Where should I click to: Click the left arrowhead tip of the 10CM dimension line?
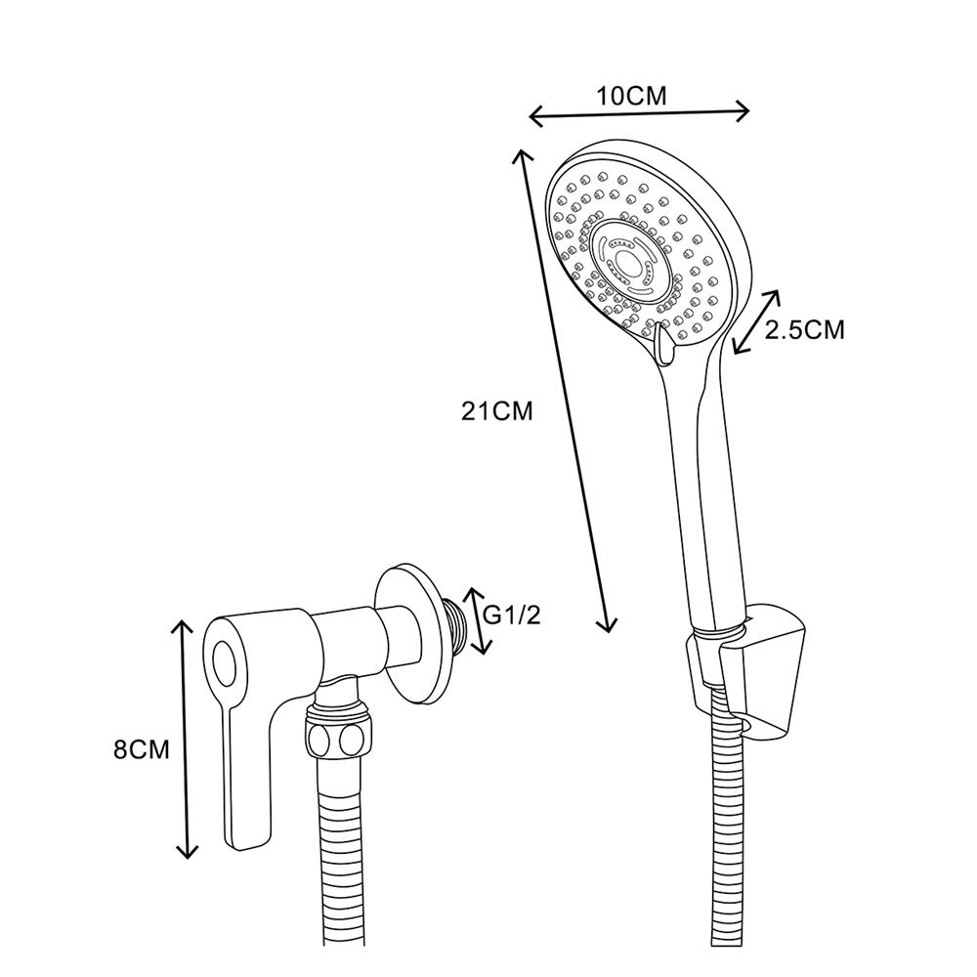[529, 116]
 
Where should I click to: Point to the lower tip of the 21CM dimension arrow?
[609, 633]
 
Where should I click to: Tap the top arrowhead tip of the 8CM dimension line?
[182, 620]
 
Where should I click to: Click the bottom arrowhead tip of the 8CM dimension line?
[187, 859]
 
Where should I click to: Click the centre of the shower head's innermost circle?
[628, 262]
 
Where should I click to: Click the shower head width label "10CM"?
[632, 97]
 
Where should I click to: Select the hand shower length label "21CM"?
[496, 411]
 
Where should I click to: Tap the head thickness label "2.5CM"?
[804, 330]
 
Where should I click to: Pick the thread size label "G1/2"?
[512, 616]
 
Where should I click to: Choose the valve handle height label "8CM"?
[142, 749]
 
